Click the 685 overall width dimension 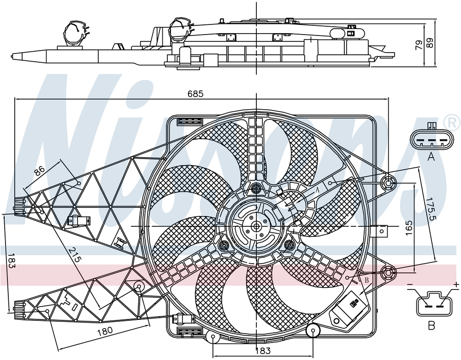click(x=195, y=94)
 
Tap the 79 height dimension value click(x=419, y=45)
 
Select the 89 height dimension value click(x=430, y=43)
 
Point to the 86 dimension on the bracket click(x=39, y=171)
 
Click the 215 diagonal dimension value click(x=74, y=254)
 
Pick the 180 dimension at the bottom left click(x=105, y=331)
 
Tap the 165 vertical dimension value click(x=409, y=227)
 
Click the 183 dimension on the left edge click(x=11, y=261)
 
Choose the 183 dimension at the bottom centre click(x=263, y=350)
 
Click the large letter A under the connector click(x=431, y=157)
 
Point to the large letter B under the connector click(x=431, y=325)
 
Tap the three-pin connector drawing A click(x=431, y=140)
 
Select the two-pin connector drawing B click(x=434, y=304)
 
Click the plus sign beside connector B click(x=456, y=284)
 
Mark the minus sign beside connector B click(x=410, y=284)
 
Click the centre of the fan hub click(x=256, y=226)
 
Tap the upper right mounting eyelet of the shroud click(x=388, y=183)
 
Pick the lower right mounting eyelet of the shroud click(x=388, y=273)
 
